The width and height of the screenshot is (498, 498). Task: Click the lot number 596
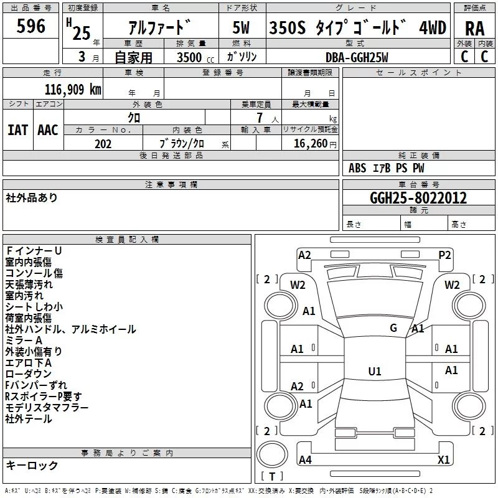pos(31,26)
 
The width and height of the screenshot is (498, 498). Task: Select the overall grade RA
pos(474,29)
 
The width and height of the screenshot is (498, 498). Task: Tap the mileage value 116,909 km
pos(73,89)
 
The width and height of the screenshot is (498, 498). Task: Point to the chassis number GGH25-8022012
pos(418,198)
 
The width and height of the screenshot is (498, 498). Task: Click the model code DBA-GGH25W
pos(357,57)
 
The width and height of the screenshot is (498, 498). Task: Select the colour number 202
pos(103,144)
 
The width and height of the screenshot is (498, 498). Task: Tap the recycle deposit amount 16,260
pos(310,143)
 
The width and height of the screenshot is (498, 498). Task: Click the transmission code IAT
pos(17,130)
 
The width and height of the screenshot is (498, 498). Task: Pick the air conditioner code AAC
pos(48,130)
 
